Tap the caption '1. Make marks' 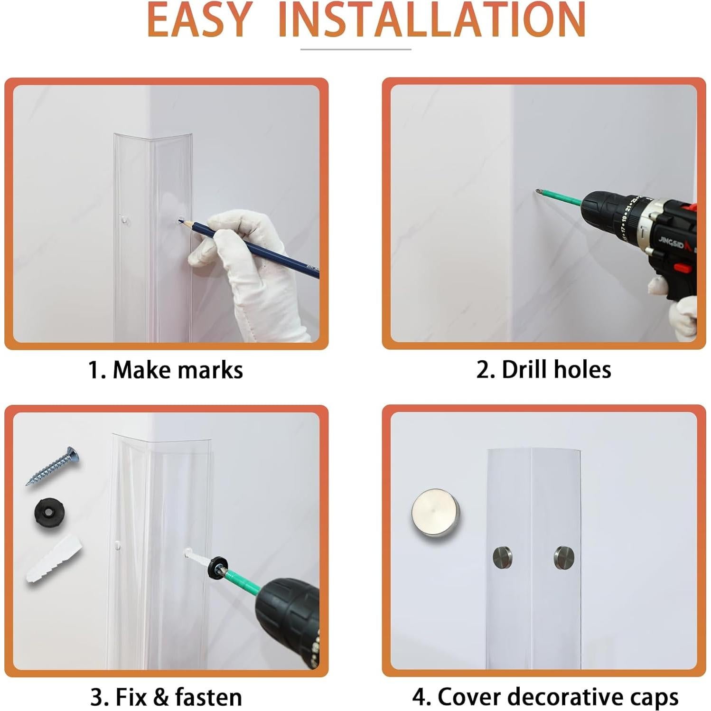click(166, 370)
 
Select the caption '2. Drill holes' click(544, 369)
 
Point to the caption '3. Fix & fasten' click(166, 697)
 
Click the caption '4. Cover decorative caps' click(545, 697)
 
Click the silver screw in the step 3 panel click(52, 466)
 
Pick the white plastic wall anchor click(54, 559)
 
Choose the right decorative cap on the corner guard click(564, 558)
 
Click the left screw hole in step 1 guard click(123, 219)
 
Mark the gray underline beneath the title click(356, 49)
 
